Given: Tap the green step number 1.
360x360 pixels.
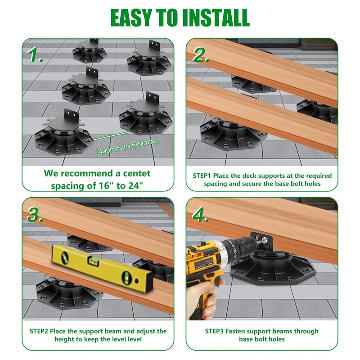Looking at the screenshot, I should pos(36,55).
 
